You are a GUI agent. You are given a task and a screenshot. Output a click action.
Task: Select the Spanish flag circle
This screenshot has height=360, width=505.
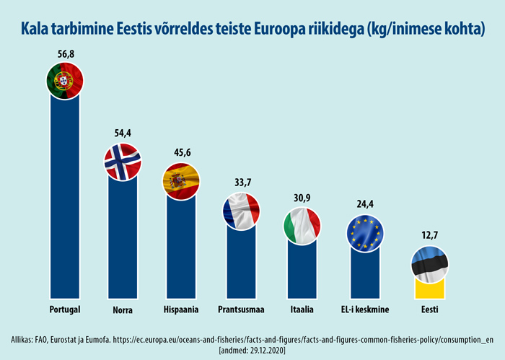click(180, 181)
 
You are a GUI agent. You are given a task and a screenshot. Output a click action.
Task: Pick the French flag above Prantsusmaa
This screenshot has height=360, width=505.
click(240, 211)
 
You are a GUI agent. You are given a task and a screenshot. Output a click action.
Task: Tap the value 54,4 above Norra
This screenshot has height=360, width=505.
click(123, 133)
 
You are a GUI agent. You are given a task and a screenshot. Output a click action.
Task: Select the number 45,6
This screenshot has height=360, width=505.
click(180, 153)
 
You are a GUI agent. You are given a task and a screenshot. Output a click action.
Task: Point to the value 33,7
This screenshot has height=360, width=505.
click(240, 183)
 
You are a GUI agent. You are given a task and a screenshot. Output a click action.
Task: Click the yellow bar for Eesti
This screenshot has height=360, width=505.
click(430, 289)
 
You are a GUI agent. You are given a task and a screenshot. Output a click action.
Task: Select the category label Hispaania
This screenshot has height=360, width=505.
click(180, 310)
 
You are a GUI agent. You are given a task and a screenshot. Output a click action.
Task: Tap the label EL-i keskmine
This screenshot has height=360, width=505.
click(366, 310)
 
